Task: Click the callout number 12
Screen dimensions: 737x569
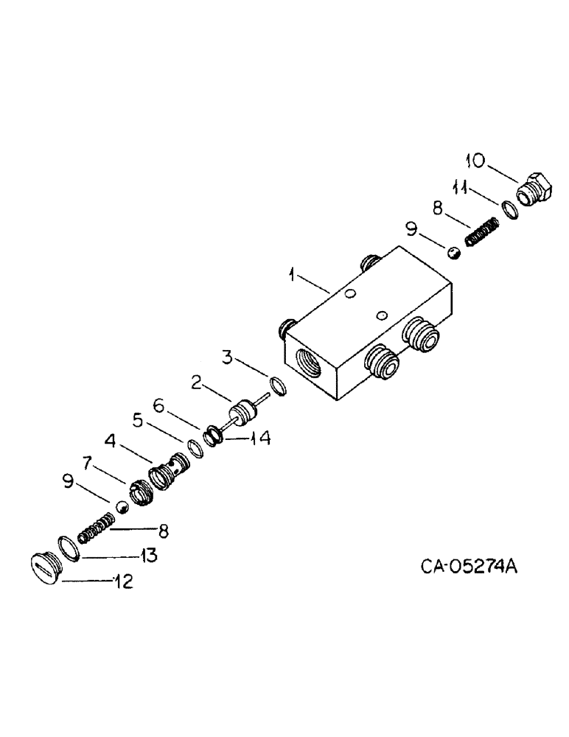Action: click(122, 581)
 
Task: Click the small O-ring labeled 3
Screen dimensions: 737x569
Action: click(276, 385)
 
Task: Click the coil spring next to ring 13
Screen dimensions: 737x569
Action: click(97, 528)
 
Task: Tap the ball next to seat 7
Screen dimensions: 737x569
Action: click(122, 506)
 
